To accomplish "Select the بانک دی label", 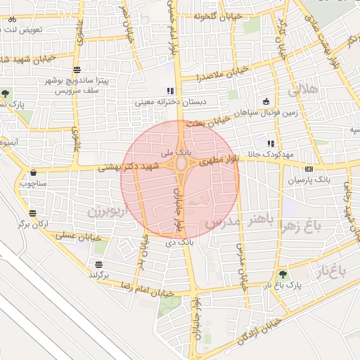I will coord(179,242).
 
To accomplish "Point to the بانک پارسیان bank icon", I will coord(309,169).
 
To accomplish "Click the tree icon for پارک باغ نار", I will coord(283,274).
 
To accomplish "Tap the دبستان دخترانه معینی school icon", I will coord(169,91).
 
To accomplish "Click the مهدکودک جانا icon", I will coord(270,143).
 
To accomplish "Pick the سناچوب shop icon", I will coord(33,172).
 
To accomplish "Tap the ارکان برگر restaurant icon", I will coord(33,213).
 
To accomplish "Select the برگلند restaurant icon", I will coord(99,264).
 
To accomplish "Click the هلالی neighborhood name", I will coord(303,89).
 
